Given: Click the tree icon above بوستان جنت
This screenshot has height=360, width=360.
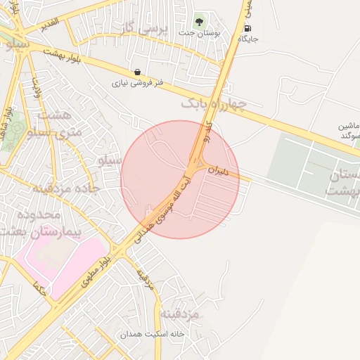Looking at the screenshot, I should tap(199, 20).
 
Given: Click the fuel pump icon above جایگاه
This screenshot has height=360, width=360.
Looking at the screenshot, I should tap(247, 28).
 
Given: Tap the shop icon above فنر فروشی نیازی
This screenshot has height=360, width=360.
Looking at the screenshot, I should tap(136, 72).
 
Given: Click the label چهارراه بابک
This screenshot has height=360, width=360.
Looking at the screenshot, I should tap(214, 105).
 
